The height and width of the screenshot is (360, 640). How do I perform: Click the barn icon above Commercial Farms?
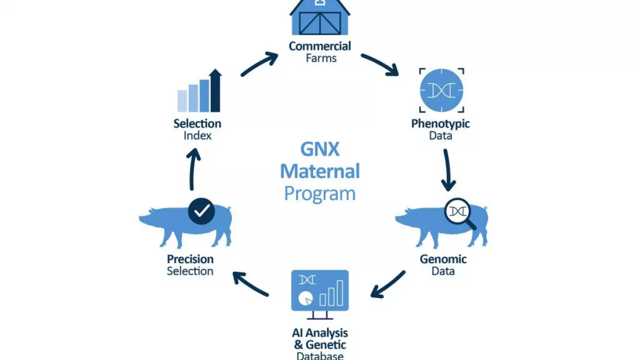[x=319, y=18]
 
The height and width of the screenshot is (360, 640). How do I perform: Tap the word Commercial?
[x=319, y=46]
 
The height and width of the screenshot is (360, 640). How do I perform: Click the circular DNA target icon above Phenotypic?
[x=442, y=90]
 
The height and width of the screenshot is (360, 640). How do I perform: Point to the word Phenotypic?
[x=441, y=124]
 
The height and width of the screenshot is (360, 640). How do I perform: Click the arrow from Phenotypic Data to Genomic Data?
[x=447, y=170]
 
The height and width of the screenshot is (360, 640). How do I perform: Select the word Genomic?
[x=443, y=259]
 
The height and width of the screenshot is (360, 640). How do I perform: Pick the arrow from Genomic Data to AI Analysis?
[x=387, y=285]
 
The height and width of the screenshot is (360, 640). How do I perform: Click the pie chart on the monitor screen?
[x=306, y=299]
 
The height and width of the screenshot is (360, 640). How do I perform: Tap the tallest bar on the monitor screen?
[x=340, y=293]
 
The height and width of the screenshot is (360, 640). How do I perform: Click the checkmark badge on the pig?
[x=202, y=211]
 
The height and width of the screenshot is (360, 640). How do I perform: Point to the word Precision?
[x=190, y=259]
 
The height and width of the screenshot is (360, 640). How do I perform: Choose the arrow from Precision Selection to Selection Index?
[x=193, y=169]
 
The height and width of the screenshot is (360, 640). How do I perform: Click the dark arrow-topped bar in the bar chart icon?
[x=215, y=90]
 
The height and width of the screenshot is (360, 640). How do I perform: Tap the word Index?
[x=197, y=135]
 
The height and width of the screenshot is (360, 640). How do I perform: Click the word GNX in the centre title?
[x=320, y=149]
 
